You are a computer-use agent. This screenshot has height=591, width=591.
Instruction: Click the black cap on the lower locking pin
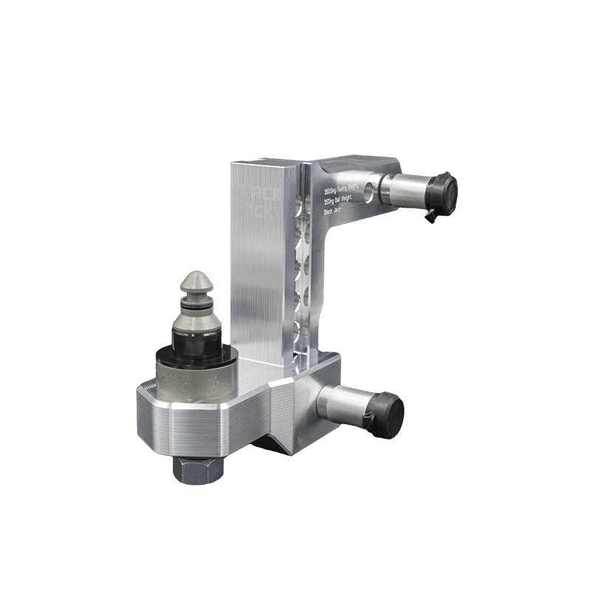pos(388,414)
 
